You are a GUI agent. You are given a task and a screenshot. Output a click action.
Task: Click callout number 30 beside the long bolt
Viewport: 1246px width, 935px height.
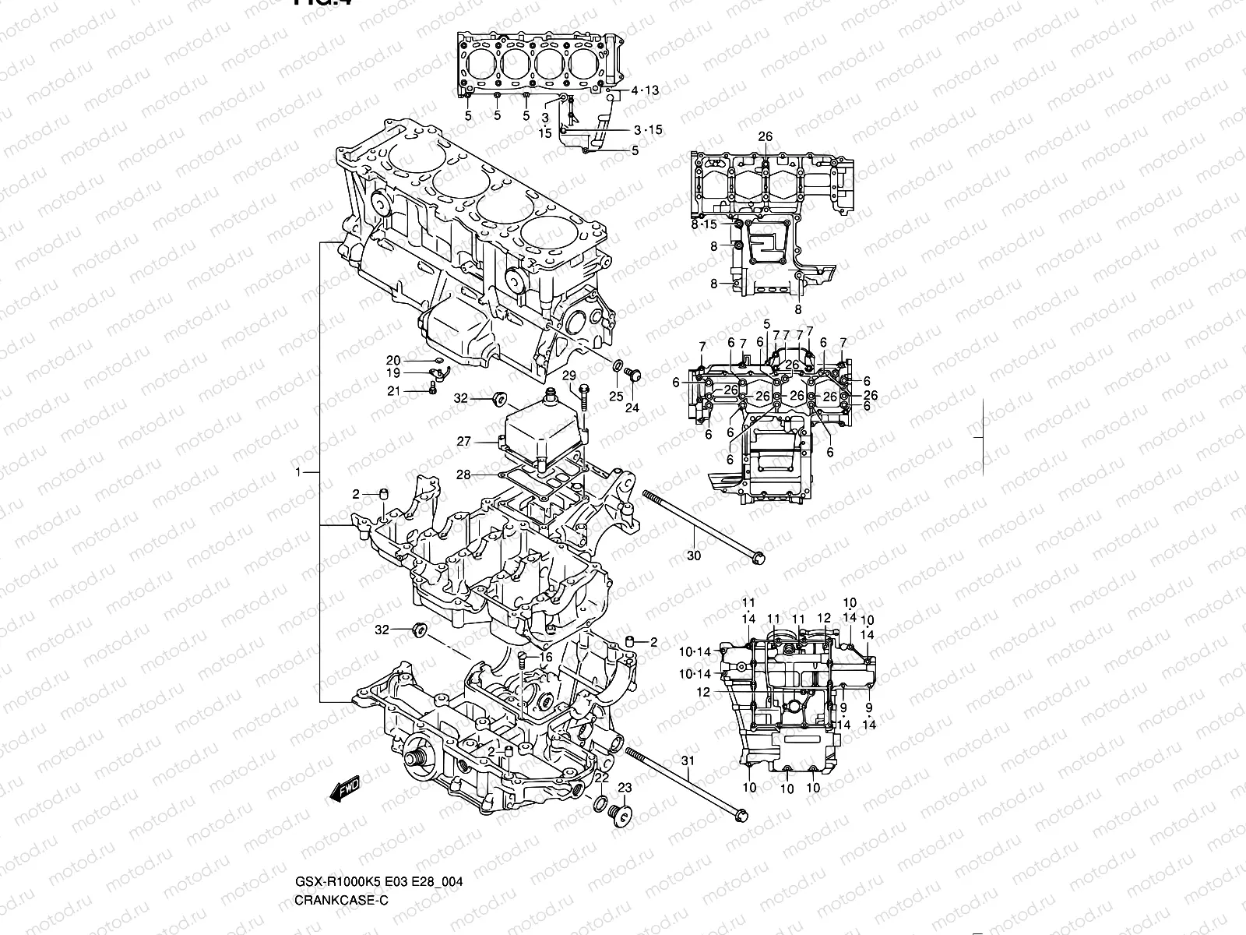694,556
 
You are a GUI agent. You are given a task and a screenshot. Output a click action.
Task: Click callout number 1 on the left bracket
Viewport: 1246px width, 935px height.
297,473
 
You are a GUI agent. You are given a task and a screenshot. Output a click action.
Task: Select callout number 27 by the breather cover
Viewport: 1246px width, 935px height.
463,442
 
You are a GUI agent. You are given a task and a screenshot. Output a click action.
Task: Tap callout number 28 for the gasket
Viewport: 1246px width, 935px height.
463,475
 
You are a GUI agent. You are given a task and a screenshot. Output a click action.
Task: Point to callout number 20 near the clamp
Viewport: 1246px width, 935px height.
393,360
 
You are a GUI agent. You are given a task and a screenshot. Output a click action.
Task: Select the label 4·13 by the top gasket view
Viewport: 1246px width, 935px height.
645,90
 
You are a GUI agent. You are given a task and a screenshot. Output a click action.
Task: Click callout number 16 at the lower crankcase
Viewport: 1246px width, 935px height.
545,658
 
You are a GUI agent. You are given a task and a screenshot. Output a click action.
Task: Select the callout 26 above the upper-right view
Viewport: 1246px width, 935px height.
765,136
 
